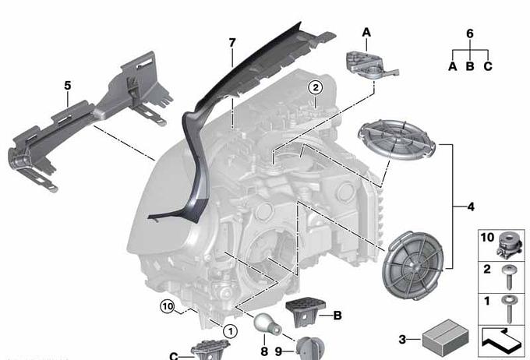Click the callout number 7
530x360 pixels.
(x=232, y=43)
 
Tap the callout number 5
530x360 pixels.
(x=68, y=86)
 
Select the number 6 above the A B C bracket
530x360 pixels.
(x=470, y=34)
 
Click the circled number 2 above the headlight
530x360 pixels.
(x=315, y=88)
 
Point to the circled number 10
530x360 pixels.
(x=168, y=307)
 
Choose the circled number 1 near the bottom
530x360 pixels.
(x=231, y=331)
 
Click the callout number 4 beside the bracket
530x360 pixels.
(x=471, y=206)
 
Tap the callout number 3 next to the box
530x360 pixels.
(x=402, y=339)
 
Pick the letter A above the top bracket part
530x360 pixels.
(x=366, y=33)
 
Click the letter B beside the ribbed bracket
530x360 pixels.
(x=337, y=316)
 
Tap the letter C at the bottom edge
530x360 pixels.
(x=173, y=356)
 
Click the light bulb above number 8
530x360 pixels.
(x=267, y=324)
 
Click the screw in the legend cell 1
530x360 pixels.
(x=508, y=309)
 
